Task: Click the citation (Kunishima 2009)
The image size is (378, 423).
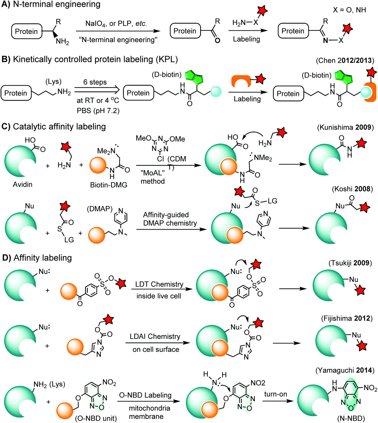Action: point(345,127)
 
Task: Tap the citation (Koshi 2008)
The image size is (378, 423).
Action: point(352,189)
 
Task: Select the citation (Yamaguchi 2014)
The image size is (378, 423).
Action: point(345,370)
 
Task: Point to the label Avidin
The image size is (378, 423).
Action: point(23,184)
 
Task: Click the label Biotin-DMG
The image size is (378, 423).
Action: point(109,185)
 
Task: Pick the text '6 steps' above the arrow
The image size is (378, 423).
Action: point(95,82)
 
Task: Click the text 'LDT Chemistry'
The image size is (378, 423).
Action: point(159,284)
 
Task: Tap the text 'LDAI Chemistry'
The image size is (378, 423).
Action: point(155,336)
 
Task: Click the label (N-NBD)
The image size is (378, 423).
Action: point(351,418)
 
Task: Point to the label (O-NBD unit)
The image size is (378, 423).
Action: point(96,418)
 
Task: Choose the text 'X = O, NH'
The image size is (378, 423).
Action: point(349,10)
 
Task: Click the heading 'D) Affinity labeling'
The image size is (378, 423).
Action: point(37,258)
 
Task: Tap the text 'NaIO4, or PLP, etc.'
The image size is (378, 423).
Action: point(116,23)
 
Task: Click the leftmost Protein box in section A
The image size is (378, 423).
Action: point(26,31)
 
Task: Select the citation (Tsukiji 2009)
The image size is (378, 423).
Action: point(350,263)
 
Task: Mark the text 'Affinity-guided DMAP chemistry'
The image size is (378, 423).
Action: point(170,219)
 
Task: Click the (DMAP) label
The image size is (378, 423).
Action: point(100,209)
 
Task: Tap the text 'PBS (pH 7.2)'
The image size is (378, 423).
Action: point(98,111)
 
